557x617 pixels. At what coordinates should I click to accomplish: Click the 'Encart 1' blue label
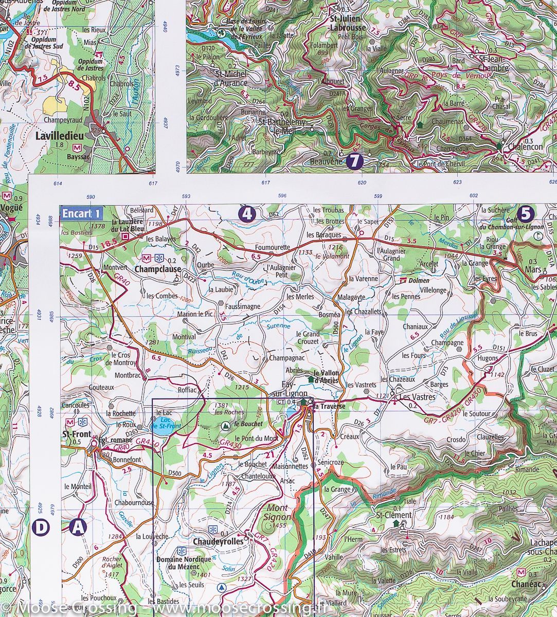pyautogui.click(x=81, y=213)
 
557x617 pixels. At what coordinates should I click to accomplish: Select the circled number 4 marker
pyautogui.click(x=247, y=213)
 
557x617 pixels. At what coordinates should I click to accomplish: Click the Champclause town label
pyautogui.click(x=157, y=268)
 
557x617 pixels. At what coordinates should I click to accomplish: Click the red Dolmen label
pyautogui.click(x=418, y=281)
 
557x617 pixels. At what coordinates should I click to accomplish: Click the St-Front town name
pyautogui.click(x=73, y=433)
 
